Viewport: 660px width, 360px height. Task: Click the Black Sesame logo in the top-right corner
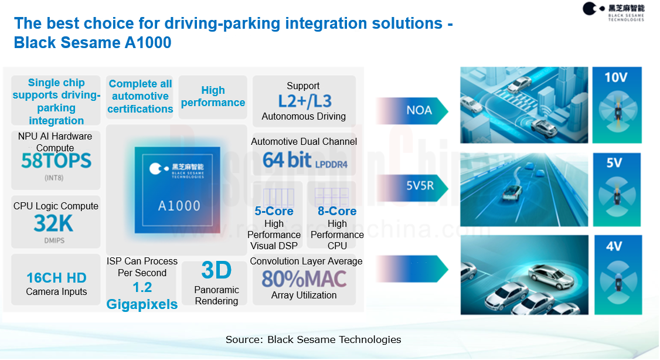click(x=613, y=11)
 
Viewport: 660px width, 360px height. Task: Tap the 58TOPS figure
click(x=56, y=161)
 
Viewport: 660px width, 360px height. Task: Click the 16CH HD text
click(x=56, y=278)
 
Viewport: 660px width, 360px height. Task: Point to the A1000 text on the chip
click(x=179, y=205)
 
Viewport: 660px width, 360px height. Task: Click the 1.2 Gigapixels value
click(x=142, y=296)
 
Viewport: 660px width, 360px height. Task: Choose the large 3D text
click(x=216, y=270)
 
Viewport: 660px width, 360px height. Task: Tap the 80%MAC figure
click(x=304, y=279)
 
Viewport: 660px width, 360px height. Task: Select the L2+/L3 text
click(x=304, y=101)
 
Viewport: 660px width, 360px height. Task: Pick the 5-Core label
click(x=274, y=211)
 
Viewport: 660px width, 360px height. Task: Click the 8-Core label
click(x=337, y=211)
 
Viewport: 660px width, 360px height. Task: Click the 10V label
click(x=616, y=77)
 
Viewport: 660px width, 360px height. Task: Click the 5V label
click(x=614, y=163)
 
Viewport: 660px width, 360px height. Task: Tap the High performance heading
click(x=213, y=96)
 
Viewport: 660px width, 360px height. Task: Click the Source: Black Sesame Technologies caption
click(x=314, y=339)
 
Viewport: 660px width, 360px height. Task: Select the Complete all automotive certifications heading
click(x=140, y=96)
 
